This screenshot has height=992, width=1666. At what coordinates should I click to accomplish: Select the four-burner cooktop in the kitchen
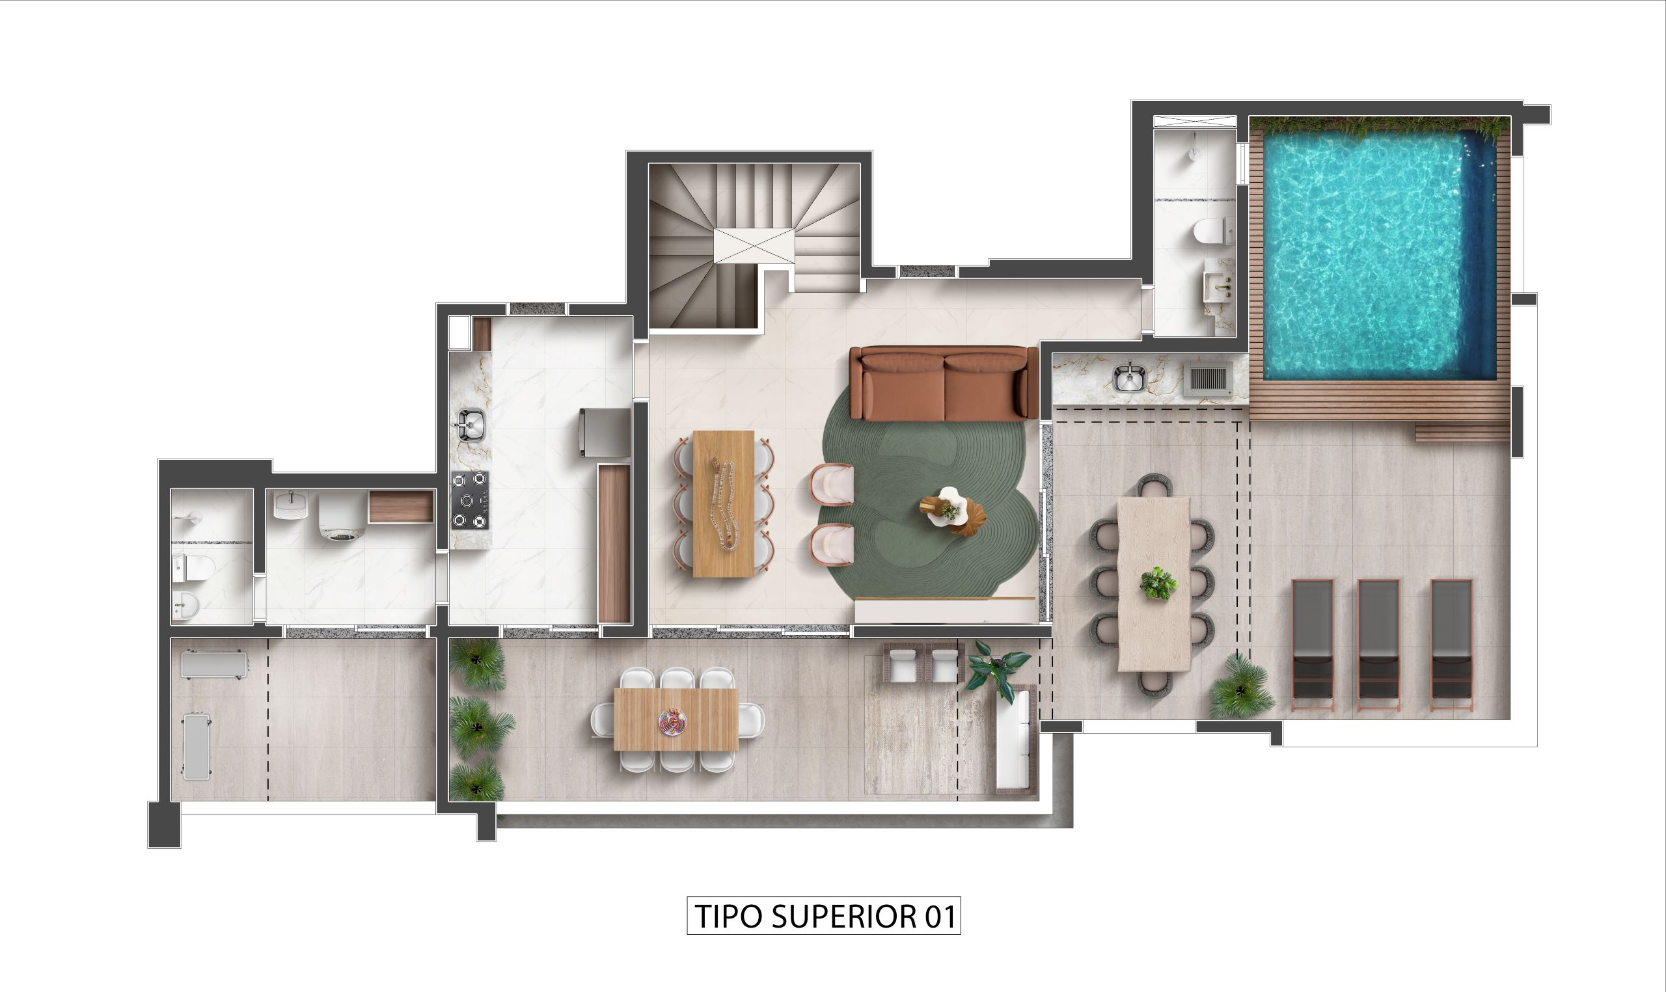coord(469,501)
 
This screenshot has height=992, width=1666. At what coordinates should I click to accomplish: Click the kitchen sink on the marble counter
coord(471,425)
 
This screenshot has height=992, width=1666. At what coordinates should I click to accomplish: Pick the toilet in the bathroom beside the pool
coord(1209,232)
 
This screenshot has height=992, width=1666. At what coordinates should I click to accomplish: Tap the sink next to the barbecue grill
coord(1129,377)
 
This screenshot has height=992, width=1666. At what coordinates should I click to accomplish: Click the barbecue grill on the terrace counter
coord(1207,379)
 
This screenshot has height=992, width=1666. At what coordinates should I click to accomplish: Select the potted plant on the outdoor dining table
coord(1158,583)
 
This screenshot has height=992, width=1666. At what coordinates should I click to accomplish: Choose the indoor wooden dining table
coord(724,503)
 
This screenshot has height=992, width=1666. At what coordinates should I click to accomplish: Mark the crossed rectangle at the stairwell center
coord(754,245)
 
